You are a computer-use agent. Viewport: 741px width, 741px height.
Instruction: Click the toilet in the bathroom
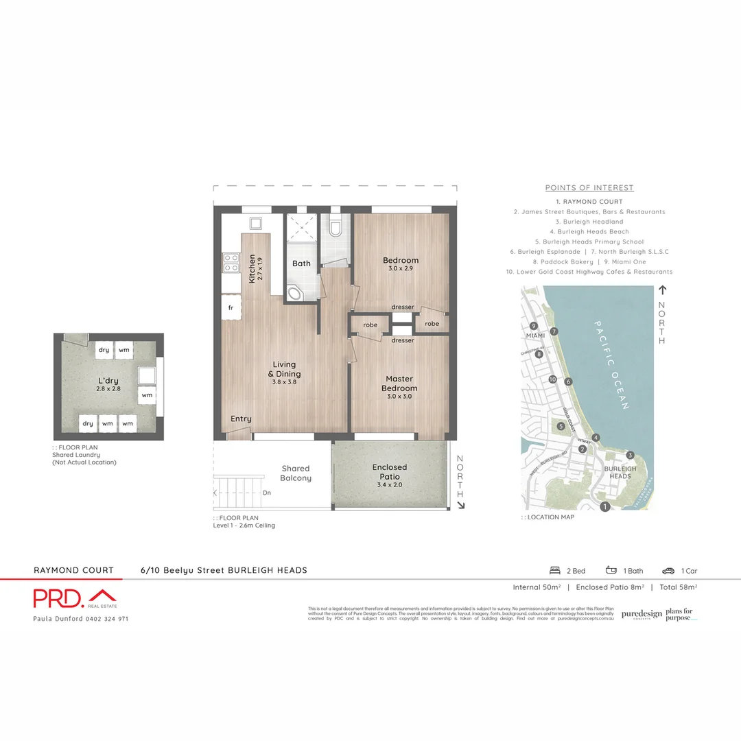point(335,227)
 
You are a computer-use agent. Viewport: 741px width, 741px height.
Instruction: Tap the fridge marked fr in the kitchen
point(231,307)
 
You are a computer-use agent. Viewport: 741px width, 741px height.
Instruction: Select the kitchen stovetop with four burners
point(231,263)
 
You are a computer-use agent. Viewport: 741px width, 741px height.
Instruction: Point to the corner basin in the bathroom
point(296,294)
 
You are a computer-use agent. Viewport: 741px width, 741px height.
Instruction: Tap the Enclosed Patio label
point(390,471)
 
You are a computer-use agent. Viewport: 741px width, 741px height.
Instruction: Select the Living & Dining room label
point(284,369)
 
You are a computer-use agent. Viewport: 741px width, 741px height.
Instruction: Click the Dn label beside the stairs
point(266,493)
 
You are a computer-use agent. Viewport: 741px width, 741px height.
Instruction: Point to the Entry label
point(241,419)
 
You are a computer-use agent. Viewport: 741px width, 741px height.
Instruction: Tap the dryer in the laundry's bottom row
point(88,423)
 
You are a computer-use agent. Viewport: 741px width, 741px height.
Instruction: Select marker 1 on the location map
point(604,507)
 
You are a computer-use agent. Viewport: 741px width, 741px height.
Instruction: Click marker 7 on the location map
point(554,331)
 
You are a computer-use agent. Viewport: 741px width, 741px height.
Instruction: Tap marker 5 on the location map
point(561,427)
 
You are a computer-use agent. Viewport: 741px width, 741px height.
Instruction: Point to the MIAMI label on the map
point(534,336)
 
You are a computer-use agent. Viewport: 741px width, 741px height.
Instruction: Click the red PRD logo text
point(59,598)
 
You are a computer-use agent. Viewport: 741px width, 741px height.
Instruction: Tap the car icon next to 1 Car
point(668,570)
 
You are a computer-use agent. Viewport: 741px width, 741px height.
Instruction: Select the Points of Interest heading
point(589,188)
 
